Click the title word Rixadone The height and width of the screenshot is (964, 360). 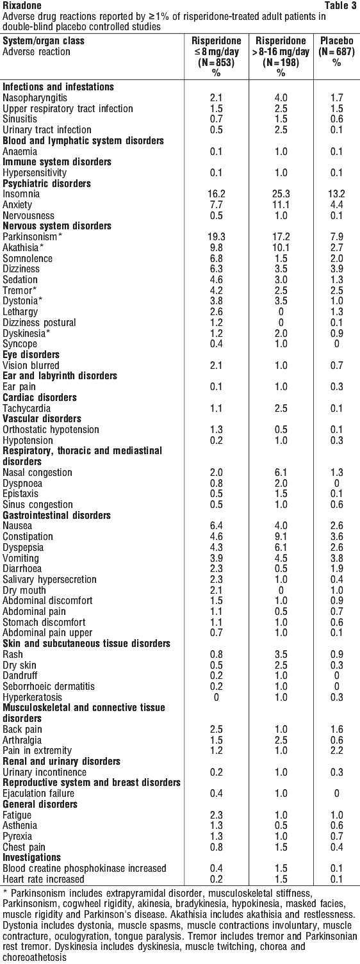[x=22, y=6]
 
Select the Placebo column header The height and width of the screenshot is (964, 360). [x=337, y=41]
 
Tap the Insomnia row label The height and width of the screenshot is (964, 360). [x=21, y=194]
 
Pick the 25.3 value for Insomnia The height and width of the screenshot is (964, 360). [x=281, y=194]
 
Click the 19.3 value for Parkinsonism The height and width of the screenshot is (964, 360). [x=216, y=237]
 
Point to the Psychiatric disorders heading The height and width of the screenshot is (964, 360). [x=47, y=184]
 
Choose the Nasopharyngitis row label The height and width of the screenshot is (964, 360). [x=35, y=98]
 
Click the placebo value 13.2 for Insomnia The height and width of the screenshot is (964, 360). [x=337, y=194]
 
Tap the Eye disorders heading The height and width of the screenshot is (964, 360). [x=31, y=355]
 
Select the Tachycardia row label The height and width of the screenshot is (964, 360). [x=27, y=409]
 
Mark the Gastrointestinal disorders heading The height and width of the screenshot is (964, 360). [x=57, y=515]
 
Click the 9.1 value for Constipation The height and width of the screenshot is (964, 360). [x=281, y=537]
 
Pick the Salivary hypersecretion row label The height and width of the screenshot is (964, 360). [x=49, y=579]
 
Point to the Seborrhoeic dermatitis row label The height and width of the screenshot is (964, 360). [x=49, y=687]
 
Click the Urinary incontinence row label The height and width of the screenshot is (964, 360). [x=44, y=772]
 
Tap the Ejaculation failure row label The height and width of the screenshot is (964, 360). [x=38, y=793]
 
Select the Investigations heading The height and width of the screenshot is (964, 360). [x=32, y=857]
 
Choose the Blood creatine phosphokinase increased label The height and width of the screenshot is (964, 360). [x=85, y=869]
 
